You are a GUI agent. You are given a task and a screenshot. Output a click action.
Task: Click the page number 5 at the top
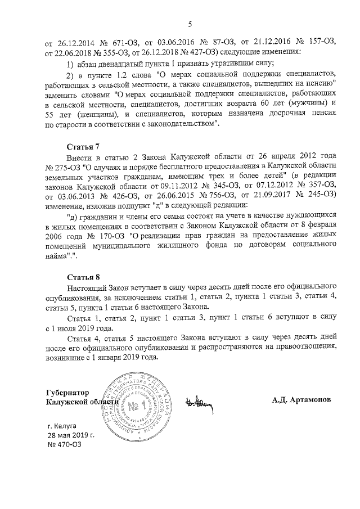pos(190,23)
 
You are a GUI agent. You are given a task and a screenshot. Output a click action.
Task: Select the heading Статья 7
pos(83,146)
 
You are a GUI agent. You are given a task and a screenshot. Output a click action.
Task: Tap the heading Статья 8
pos(83,277)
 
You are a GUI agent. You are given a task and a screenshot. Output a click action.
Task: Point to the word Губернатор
pos(68,391)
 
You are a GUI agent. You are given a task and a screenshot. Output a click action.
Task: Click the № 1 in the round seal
pos(135,406)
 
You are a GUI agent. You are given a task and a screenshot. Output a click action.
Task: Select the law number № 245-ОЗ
pos(319,194)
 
